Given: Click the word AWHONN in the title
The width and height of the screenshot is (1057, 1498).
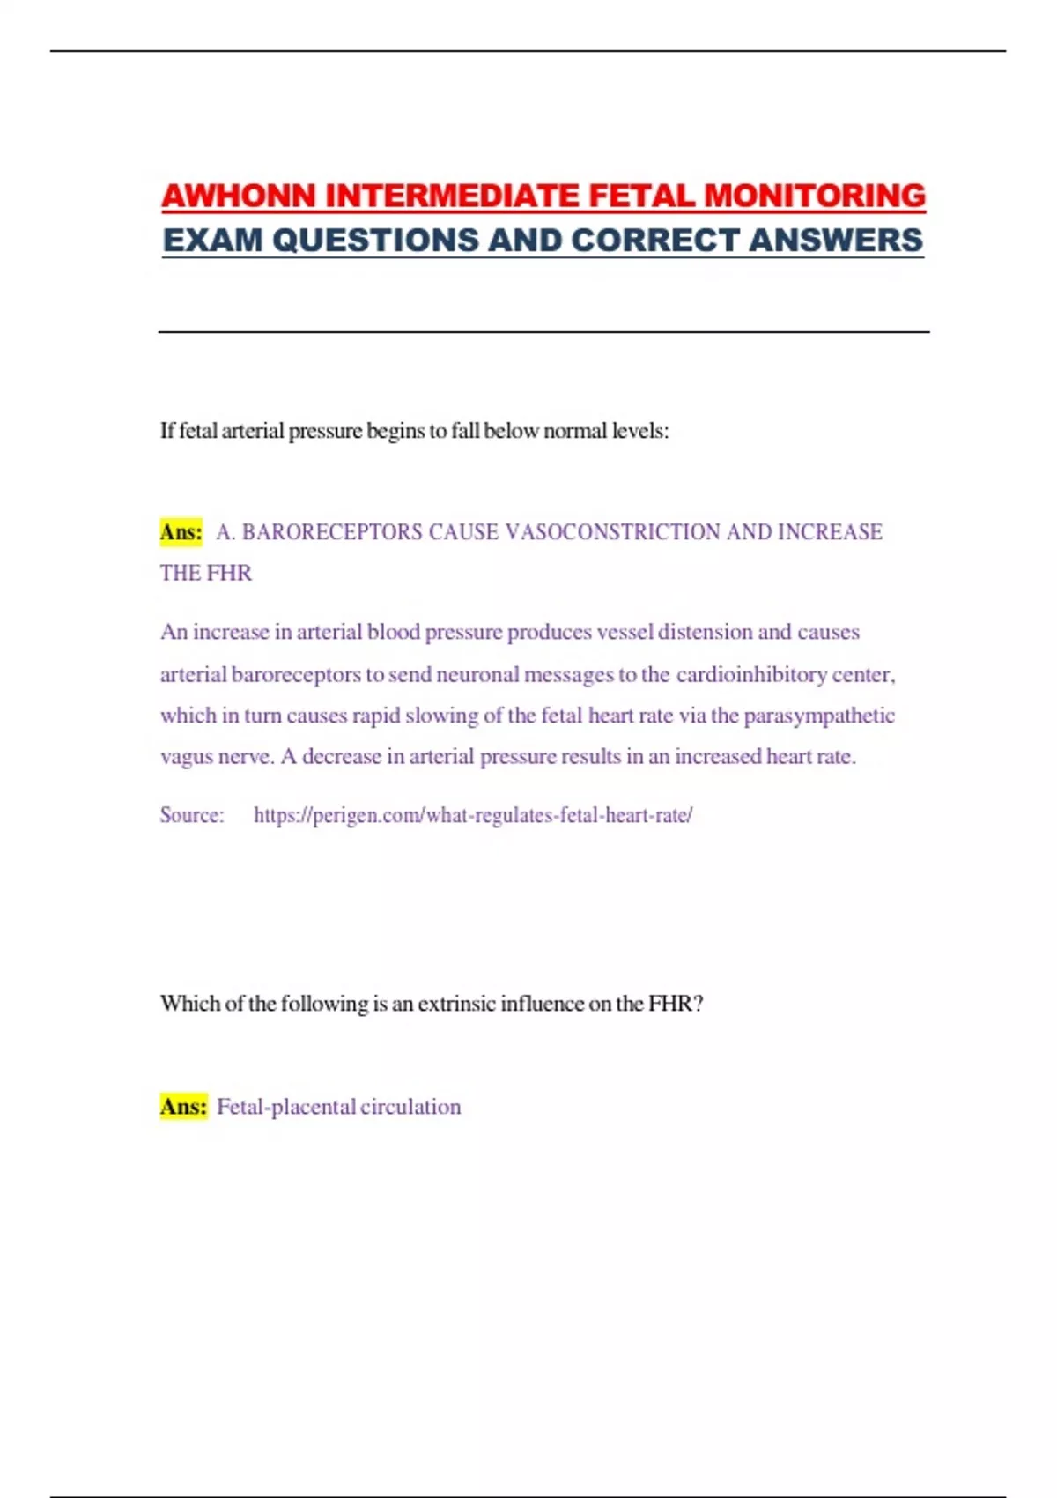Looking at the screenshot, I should (x=239, y=196).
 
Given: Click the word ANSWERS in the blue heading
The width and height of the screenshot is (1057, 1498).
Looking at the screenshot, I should (x=836, y=240).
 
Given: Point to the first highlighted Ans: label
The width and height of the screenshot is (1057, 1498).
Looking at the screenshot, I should (x=181, y=532).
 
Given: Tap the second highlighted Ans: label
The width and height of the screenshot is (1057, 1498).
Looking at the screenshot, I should (x=183, y=1106).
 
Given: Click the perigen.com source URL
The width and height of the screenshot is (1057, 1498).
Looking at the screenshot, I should (x=473, y=815).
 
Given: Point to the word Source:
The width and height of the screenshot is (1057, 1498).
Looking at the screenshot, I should (x=192, y=815).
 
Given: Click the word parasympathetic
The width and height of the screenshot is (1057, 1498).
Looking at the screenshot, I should (x=819, y=716).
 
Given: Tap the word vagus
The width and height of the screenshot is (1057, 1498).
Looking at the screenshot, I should (x=186, y=757).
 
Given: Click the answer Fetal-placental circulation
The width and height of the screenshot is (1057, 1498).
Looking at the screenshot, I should (x=338, y=1107).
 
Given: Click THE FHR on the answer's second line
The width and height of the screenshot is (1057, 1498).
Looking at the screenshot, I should (x=206, y=573).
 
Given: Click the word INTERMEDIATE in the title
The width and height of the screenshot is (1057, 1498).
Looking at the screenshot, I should (x=453, y=196).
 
